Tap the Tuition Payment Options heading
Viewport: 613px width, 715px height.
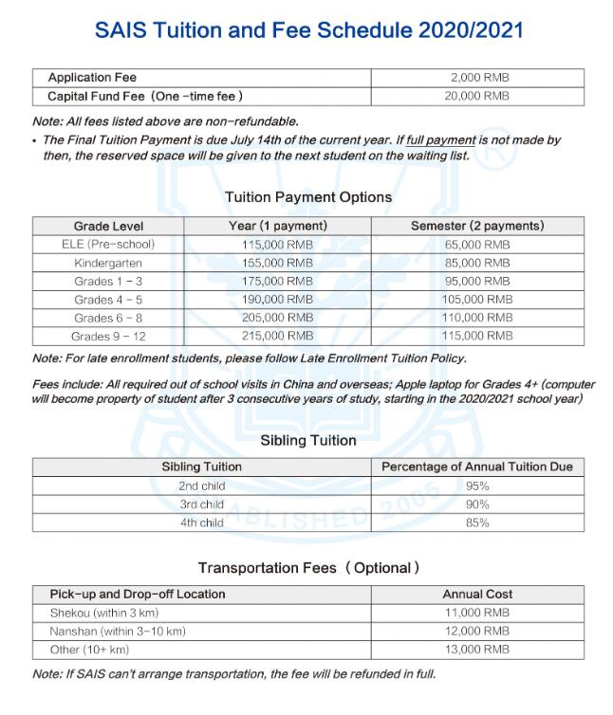[308, 197]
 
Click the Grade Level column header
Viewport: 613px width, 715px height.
[108, 227]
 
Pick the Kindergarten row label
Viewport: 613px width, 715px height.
[108, 263]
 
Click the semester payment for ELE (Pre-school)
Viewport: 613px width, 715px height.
[476, 245]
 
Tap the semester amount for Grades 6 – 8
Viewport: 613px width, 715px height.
[476, 318]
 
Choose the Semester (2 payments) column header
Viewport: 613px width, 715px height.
[476, 227]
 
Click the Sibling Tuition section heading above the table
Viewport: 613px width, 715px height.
[308, 440]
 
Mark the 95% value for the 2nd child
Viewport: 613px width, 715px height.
[476, 486]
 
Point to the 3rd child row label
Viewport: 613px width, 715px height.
[202, 504]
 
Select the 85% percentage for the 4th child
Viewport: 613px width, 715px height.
[476, 522]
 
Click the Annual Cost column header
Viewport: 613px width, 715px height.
[476, 595]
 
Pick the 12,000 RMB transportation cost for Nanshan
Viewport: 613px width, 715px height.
[476, 632]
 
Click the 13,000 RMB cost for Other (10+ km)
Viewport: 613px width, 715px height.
[476, 650]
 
